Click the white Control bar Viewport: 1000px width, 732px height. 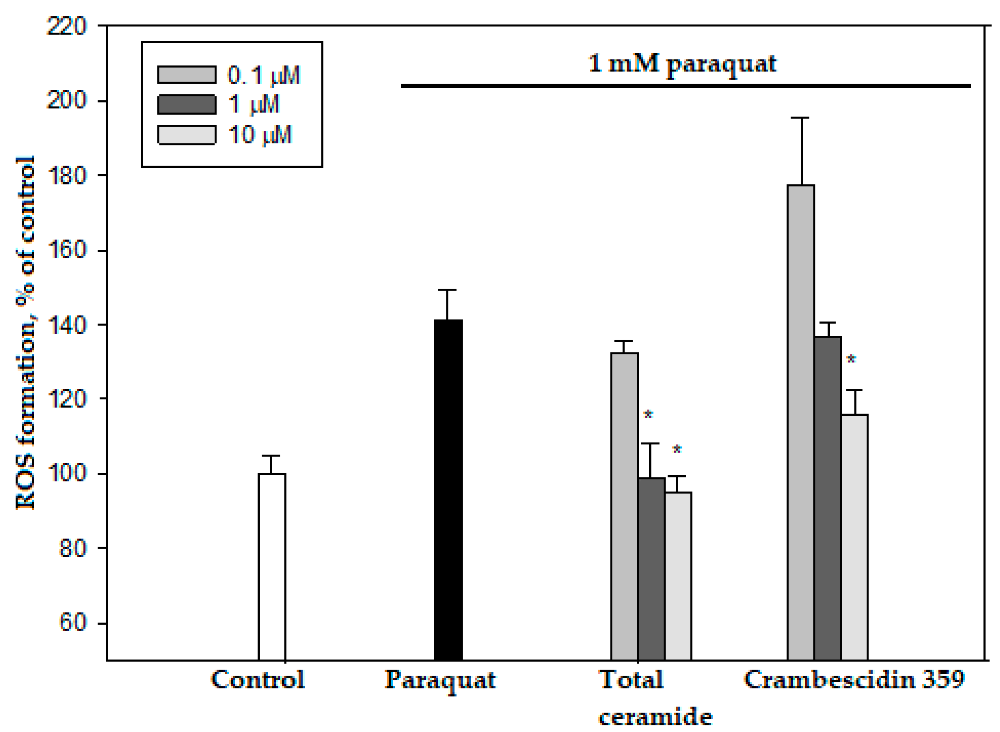pyautogui.click(x=272, y=567)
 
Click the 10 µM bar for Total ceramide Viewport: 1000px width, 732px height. pyautogui.click(x=678, y=576)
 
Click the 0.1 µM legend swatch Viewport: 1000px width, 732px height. pyautogui.click(x=187, y=75)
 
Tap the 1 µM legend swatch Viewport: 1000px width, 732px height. pyautogui.click(x=187, y=105)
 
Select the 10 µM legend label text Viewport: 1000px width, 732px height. pyautogui.click(x=260, y=135)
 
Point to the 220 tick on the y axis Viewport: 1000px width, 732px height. pyautogui.click(x=66, y=26)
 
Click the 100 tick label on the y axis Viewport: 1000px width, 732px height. pyautogui.click(x=66, y=473)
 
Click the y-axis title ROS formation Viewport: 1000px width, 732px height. pyautogui.click(x=25, y=332)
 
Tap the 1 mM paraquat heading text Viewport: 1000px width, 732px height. pyautogui.click(x=682, y=64)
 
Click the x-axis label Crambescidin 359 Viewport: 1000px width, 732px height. pyautogui.click(x=854, y=679)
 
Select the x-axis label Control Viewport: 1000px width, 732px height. pyautogui.click(x=258, y=679)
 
